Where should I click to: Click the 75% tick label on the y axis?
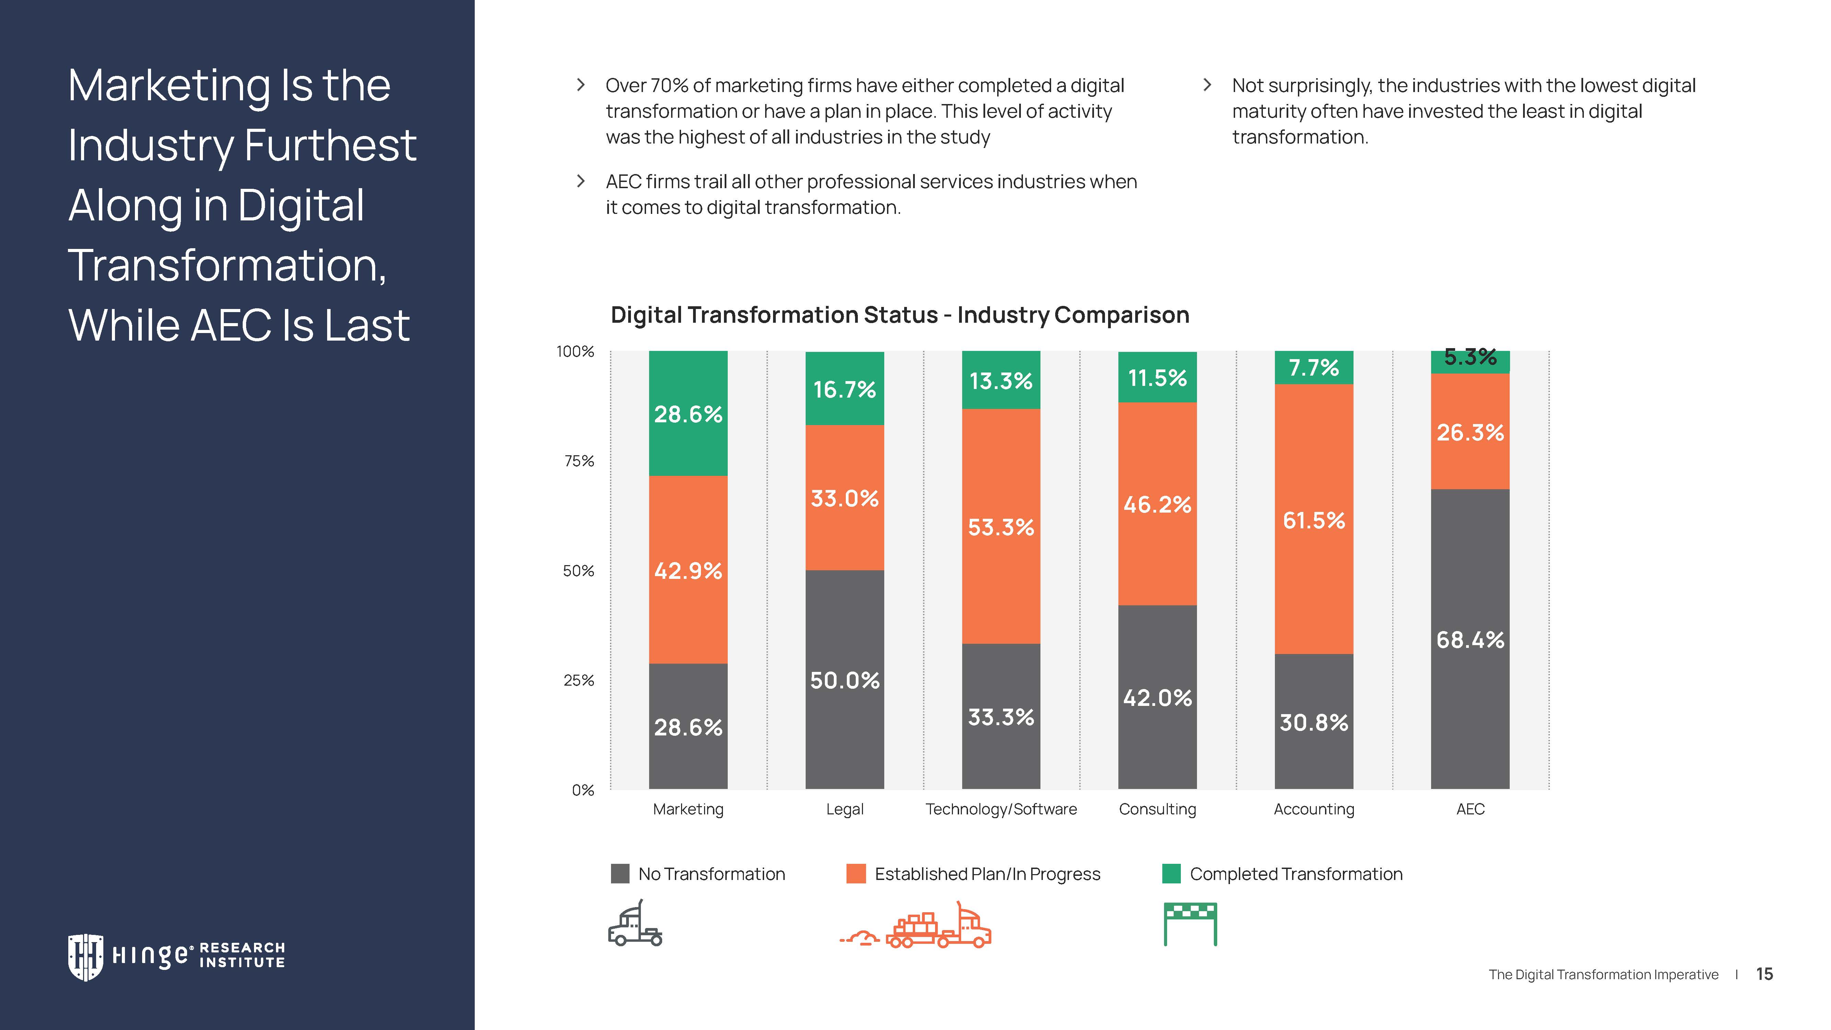[579, 461]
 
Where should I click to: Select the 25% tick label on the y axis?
[579, 680]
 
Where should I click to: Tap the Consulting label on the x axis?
[1157, 809]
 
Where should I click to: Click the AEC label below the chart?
[1470, 809]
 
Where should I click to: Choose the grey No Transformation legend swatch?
[620, 874]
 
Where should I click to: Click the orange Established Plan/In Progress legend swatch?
[856, 874]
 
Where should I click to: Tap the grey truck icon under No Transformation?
[635, 925]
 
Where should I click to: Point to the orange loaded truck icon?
[938, 926]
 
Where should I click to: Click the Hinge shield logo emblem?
[85, 956]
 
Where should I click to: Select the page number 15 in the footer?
[1764, 974]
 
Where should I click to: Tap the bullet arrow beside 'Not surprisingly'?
[1207, 85]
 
